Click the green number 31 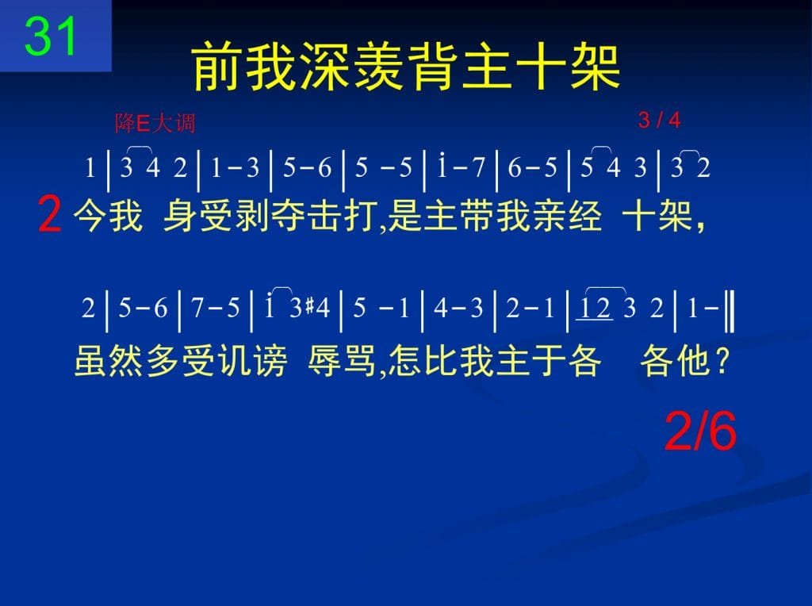point(50,36)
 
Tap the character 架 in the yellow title point(595,67)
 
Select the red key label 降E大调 point(155,123)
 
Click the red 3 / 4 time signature point(659,120)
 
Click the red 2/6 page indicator point(700,431)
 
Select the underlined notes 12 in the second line point(595,309)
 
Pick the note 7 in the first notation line point(477,167)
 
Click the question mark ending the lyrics point(721,361)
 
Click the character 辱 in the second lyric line point(324,360)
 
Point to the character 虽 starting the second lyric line point(91,360)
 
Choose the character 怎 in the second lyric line point(405,360)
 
